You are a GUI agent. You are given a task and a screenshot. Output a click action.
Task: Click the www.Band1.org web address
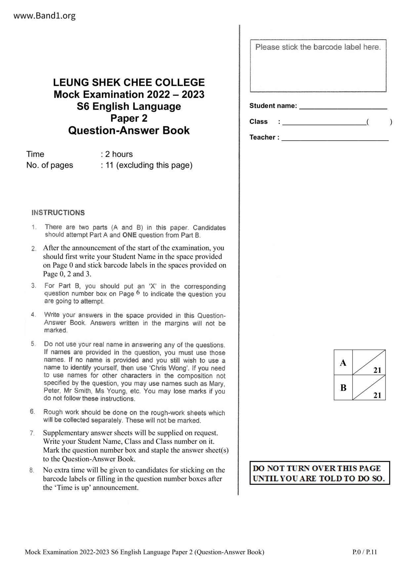pos(45,16)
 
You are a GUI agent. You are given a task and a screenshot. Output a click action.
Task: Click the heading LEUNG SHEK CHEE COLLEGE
pos(129,82)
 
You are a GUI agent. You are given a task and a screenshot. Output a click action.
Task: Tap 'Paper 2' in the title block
pos(129,118)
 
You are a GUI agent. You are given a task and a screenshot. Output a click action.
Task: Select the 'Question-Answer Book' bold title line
pos(129,131)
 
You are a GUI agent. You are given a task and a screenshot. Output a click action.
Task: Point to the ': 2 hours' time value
pos(117,154)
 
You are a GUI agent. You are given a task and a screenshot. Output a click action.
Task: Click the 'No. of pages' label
pos(50,165)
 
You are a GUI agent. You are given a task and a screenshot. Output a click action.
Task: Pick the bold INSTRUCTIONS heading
pos(58,213)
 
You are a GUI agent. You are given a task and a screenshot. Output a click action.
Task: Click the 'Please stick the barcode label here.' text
pos(318,47)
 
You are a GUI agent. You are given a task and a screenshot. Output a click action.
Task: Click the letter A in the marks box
pos(343,363)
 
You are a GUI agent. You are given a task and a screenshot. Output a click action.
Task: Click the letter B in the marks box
pos(343,388)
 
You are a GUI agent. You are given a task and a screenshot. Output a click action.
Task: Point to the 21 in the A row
pos(377,370)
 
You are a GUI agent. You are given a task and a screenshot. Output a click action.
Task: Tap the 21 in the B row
pos(377,395)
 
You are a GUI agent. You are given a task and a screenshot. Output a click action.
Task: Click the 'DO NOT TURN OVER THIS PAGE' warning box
pos(319,473)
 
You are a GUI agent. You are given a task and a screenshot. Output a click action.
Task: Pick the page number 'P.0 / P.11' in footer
pos(364,552)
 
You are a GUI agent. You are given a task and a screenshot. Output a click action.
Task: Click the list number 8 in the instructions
pos(32,470)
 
